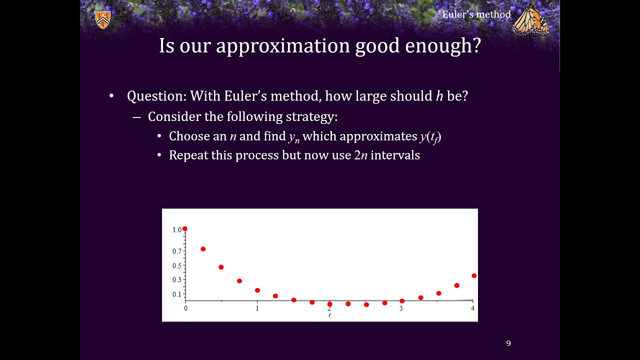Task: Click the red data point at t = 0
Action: [x=185, y=229]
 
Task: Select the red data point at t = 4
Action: [x=474, y=275]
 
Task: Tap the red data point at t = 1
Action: [x=257, y=290]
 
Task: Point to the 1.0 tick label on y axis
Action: [x=177, y=230]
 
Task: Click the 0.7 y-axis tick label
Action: [x=177, y=251]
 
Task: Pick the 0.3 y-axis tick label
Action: [x=177, y=280]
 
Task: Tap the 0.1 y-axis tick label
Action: [x=177, y=294]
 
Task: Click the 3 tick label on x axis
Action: [x=401, y=308]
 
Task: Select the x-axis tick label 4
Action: [x=472, y=308]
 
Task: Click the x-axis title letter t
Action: [x=329, y=315]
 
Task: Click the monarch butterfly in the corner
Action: [x=530, y=20]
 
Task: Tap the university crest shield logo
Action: [x=102, y=19]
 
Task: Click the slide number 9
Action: [x=508, y=343]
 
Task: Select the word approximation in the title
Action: [x=282, y=46]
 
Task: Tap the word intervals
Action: [x=395, y=155]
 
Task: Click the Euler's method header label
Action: [x=476, y=14]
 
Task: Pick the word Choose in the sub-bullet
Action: [x=187, y=136]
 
